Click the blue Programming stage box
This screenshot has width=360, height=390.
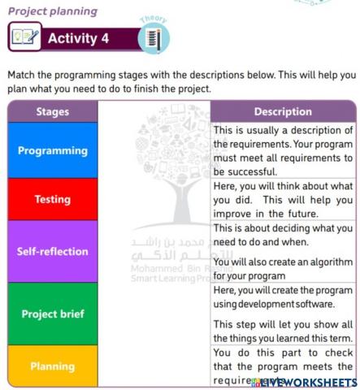point(53,150)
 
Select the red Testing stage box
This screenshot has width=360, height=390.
point(53,199)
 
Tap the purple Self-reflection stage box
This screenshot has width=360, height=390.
point(53,251)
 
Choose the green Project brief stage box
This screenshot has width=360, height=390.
point(53,314)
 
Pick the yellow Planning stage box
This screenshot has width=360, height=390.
point(53,366)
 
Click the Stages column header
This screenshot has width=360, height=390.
point(53,112)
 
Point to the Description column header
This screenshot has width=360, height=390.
point(283,112)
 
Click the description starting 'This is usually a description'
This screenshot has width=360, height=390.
point(283,150)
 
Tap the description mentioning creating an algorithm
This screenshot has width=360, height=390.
point(283,251)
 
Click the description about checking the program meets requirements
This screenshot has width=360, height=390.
point(283,365)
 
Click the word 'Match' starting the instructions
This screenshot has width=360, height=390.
point(23,75)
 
